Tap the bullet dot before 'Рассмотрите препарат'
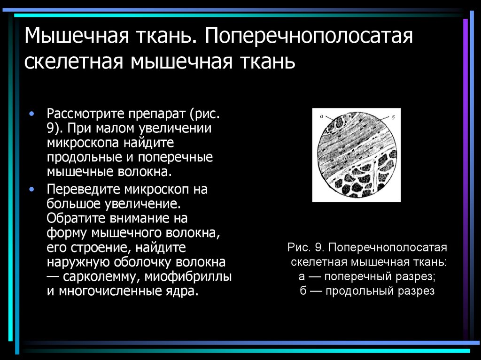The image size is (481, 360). [31, 114]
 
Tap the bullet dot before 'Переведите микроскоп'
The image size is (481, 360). [31, 189]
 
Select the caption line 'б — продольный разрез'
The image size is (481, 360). [368, 291]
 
